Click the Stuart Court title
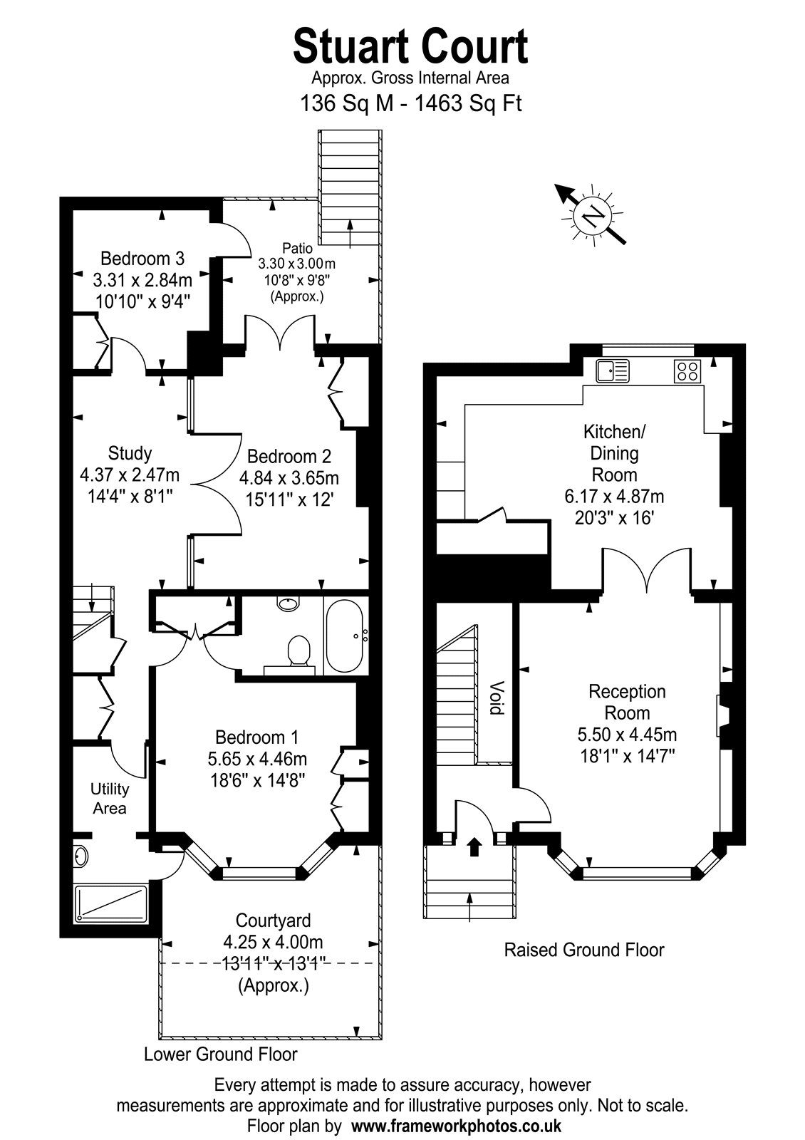coord(410,47)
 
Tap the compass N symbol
coord(592,216)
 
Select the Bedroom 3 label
coord(142,259)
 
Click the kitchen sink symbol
coord(613,370)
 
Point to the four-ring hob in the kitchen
coord(687,370)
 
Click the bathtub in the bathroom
coord(344,636)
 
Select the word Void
coord(496,698)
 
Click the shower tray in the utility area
coord(111,903)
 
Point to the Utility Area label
coord(110,798)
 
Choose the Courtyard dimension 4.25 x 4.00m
coord(273,942)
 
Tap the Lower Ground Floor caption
coord(220,1054)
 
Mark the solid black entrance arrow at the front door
coord(474,846)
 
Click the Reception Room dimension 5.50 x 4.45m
coord(627,735)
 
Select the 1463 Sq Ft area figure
coord(469,103)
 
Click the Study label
coord(130,453)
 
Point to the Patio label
coord(297,248)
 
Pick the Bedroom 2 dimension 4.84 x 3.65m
coord(289,478)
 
